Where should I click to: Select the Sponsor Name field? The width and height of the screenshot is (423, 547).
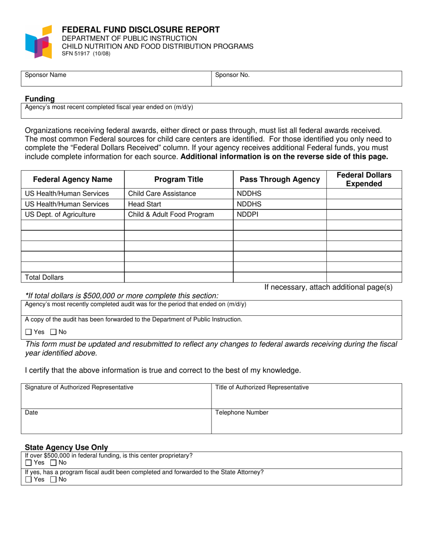click(116, 79)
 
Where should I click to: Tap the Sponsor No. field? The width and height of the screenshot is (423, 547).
click(306, 79)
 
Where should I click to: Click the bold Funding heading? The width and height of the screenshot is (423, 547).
click(40, 99)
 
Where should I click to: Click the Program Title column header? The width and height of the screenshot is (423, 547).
click(179, 180)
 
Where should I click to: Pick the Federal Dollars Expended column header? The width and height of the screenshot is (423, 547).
click(364, 179)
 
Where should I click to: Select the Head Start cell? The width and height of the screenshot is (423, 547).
click(179, 204)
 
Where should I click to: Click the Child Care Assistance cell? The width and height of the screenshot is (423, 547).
click(179, 193)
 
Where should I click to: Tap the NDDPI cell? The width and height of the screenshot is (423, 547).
click(280, 214)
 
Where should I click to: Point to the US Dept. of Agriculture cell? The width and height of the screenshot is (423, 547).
click(73, 214)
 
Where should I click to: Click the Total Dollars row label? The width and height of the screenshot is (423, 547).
click(73, 278)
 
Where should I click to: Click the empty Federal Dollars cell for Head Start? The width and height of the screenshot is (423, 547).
click(364, 204)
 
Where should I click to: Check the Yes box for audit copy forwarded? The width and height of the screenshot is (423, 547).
click(28, 332)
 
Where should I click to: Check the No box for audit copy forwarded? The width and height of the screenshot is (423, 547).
click(53, 332)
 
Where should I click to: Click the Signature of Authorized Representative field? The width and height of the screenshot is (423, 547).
click(116, 396)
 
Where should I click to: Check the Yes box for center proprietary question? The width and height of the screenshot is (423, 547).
click(28, 463)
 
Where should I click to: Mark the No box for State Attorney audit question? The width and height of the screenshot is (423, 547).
click(53, 479)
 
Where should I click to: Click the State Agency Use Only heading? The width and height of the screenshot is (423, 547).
click(66, 447)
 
